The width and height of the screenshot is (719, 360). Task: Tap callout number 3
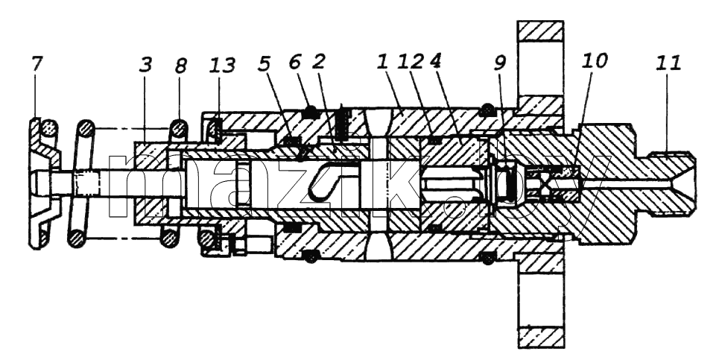(145, 65)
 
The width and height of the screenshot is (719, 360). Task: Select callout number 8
(180, 66)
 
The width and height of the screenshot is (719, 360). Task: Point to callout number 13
(221, 65)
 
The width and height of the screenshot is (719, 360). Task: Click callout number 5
(264, 64)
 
